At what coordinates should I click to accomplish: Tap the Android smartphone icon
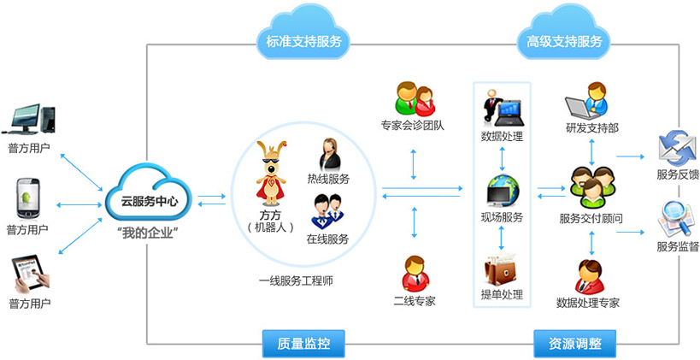click(x=27, y=198)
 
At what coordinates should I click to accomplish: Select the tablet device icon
click(x=29, y=273)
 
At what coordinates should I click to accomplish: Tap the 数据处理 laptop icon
click(x=502, y=107)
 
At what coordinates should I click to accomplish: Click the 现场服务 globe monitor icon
click(x=502, y=190)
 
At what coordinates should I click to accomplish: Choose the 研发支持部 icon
click(x=590, y=101)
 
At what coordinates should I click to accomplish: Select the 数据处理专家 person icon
click(x=589, y=276)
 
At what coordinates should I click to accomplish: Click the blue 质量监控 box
click(x=303, y=344)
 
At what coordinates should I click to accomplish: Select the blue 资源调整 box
click(x=568, y=344)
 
